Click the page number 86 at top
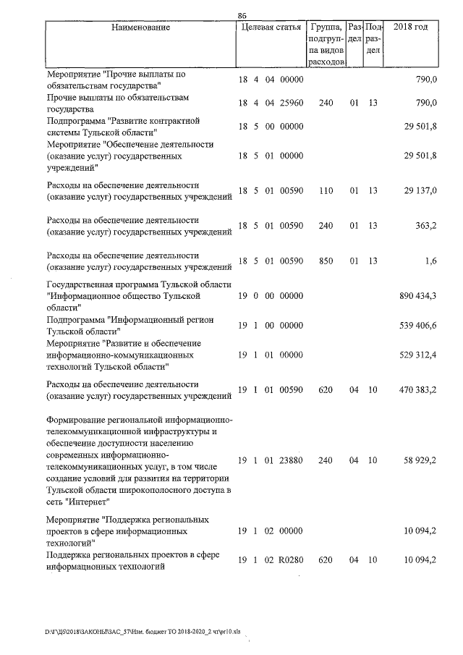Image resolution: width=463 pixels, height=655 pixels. point(242,15)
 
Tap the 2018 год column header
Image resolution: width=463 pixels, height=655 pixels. point(410,28)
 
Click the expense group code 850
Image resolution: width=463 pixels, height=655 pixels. point(326,261)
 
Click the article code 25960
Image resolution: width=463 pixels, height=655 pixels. point(291,103)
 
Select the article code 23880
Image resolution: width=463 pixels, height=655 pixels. point(291,460)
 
